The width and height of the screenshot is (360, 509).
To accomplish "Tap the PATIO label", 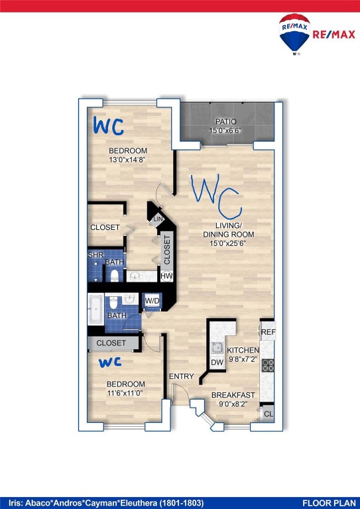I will click(225, 121).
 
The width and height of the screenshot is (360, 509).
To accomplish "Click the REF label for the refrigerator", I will click(268, 332).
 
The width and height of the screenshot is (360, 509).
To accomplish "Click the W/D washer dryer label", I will click(152, 301).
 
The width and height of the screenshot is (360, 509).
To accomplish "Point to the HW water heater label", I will click(166, 276).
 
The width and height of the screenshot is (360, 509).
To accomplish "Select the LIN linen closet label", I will click(158, 219).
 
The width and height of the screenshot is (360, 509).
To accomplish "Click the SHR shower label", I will click(95, 254).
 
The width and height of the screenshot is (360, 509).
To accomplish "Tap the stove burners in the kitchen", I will click(268, 365).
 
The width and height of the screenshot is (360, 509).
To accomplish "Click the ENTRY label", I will click(181, 376).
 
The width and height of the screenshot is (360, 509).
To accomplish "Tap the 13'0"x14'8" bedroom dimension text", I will click(127, 160).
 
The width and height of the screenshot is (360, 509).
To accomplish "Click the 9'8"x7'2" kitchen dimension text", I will click(243, 360).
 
